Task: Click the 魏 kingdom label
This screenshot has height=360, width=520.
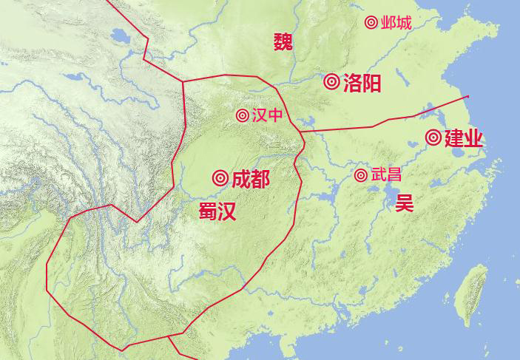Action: (x=283, y=41)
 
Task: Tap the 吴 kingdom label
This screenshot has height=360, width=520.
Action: (x=404, y=203)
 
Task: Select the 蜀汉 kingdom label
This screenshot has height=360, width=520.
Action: (x=217, y=212)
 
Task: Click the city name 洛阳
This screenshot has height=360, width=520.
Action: (x=362, y=83)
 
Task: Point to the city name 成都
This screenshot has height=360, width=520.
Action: (x=250, y=179)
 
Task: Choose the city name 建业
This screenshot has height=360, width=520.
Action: (x=464, y=138)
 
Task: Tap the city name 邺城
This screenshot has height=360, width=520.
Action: (x=396, y=23)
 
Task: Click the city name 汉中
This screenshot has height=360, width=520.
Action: (x=267, y=115)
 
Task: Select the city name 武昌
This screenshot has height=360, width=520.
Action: (x=386, y=175)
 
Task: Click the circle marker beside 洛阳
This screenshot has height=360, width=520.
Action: (x=331, y=82)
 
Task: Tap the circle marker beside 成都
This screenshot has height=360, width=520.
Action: (x=220, y=178)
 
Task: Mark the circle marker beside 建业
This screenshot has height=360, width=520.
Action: (x=433, y=137)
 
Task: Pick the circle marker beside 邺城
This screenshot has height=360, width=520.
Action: (x=371, y=23)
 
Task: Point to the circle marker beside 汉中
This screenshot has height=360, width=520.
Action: (x=243, y=115)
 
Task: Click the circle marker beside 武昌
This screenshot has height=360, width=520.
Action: (x=361, y=175)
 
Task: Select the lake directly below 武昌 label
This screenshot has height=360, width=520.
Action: (x=388, y=194)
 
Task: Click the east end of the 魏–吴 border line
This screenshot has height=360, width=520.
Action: (x=467, y=96)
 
